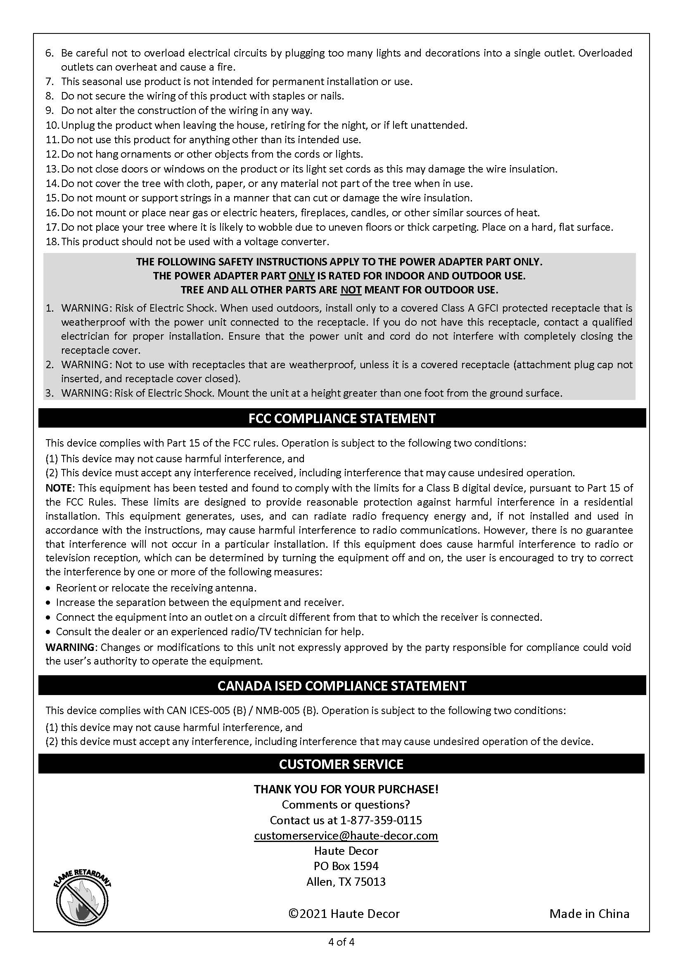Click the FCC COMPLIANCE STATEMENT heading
coord(341,419)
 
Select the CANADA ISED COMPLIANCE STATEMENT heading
coord(341,686)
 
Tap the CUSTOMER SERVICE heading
coord(341,764)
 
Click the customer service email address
coord(346,835)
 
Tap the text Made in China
coord(589,914)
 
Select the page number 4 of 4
coord(341,942)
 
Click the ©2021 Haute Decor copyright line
coord(344,914)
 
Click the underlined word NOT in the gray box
coord(351,290)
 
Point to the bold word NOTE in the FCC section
coord(59,488)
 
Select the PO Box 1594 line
coord(346,866)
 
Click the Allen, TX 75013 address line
coord(346,881)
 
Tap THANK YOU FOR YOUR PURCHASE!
coord(346,789)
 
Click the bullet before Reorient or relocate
coord(48,588)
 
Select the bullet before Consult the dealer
coord(48,632)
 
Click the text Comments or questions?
coord(346,804)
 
